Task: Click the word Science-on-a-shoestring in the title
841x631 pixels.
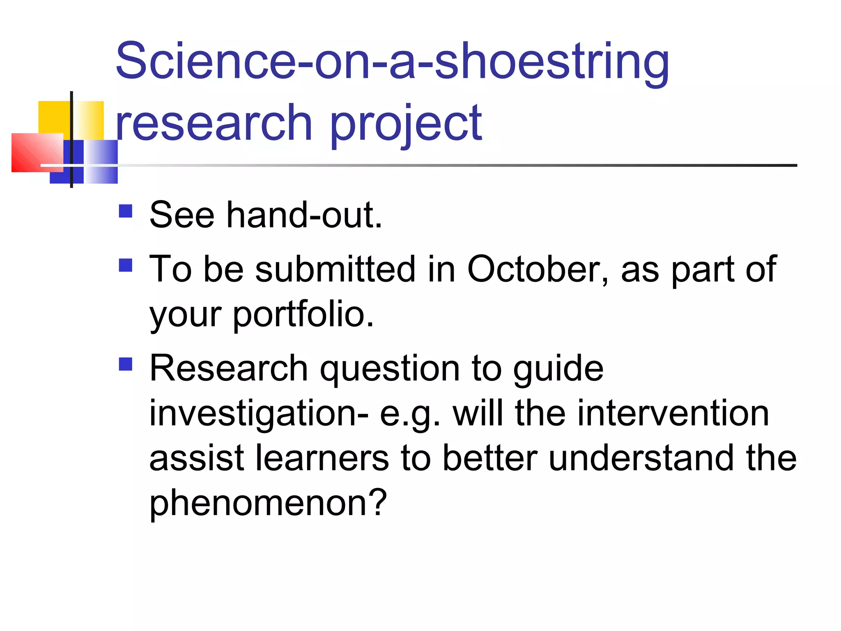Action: (x=392, y=62)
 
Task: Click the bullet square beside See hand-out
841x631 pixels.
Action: (x=126, y=211)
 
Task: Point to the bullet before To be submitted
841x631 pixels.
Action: (x=126, y=265)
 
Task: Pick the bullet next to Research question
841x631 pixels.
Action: (x=126, y=364)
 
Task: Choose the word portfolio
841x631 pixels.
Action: (x=303, y=314)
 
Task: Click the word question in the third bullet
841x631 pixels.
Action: (x=390, y=368)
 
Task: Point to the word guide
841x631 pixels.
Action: (x=558, y=368)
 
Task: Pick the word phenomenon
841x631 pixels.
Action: (x=268, y=503)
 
